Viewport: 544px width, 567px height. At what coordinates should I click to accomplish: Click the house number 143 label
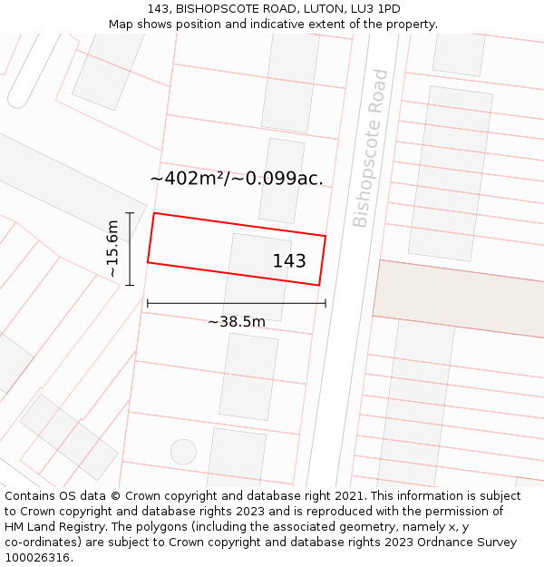tap(289, 261)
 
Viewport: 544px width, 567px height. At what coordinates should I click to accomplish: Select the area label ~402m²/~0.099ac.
tap(237, 179)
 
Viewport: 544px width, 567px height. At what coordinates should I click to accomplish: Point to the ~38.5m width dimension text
tap(237, 321)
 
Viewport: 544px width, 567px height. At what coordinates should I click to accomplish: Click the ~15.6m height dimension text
tap(112, 249)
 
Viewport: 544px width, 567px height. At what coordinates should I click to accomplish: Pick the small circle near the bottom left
tap(183, 452)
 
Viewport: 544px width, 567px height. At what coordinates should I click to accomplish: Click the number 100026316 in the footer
tap(39, 557)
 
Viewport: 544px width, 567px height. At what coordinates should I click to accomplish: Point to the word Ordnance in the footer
tap(420, 542)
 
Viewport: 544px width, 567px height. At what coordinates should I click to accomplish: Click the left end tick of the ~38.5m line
tap(147, 304)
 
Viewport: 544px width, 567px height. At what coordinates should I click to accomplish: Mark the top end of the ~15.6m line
tap(130, 213)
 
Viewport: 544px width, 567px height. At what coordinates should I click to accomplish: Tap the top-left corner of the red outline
tap(154, 213)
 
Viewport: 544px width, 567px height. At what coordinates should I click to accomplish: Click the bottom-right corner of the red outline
tap(319, 285)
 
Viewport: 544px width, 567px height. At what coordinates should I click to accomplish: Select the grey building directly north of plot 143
tap(282, 181)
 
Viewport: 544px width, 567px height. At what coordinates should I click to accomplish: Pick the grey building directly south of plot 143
tap(248, 376)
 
